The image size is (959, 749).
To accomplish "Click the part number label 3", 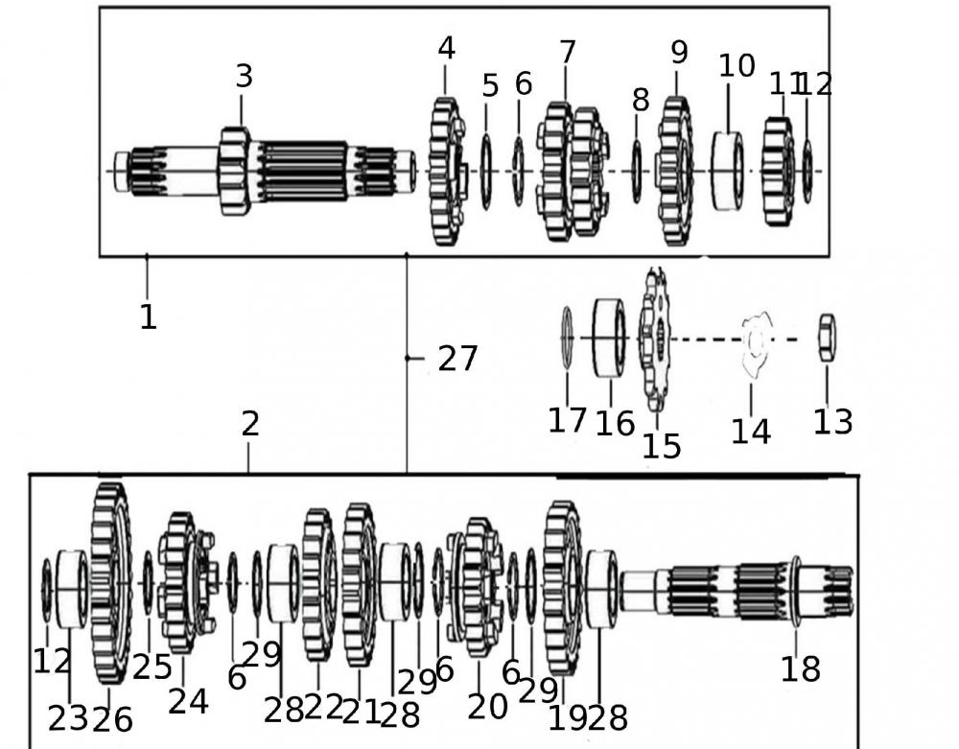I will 244,77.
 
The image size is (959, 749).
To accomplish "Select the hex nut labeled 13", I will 827,339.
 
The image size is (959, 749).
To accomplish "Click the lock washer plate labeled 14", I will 755,339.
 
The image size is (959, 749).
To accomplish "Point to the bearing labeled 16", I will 609,338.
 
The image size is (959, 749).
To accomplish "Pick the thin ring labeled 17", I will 567,338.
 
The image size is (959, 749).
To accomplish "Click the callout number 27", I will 456,359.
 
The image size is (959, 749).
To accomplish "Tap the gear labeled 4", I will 445,172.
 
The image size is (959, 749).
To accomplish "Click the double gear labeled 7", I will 573,173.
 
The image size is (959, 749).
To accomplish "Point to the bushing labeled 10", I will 729,172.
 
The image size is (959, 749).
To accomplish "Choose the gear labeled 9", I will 675,172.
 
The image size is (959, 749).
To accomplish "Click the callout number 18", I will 800,668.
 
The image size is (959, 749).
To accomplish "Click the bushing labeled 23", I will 71,588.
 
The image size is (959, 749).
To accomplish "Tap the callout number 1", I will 148,316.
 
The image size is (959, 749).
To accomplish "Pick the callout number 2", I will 249,424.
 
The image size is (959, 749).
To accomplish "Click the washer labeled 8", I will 637,172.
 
